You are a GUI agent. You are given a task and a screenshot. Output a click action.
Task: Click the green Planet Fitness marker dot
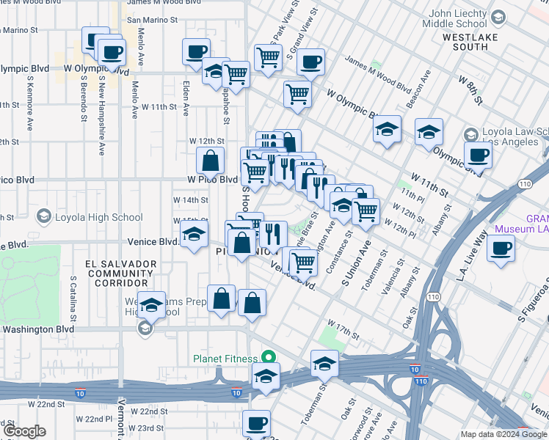coord(269,358)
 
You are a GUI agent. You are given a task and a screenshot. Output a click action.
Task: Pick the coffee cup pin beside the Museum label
coord(502,248)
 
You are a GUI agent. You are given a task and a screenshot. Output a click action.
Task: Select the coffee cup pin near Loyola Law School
coord(479,155)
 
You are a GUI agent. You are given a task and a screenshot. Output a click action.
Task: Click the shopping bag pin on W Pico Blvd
coord(210,161)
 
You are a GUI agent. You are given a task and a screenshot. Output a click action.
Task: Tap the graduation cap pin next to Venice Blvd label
coord(194,235)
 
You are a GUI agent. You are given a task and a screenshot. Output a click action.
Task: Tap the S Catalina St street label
coord(73,298)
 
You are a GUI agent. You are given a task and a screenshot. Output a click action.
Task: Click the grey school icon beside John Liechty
coord(498,16)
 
